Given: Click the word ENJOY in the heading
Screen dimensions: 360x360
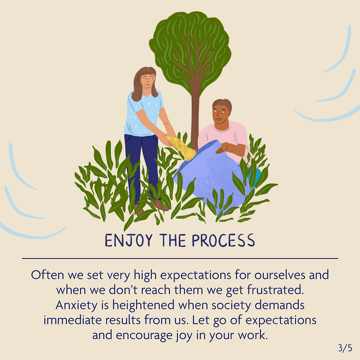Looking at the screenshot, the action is [129, 240].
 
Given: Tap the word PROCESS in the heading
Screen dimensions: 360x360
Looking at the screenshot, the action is [223, 240].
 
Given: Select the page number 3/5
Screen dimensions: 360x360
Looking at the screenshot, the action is [345, 348].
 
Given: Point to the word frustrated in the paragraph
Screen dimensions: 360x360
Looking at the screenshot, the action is [276, 290].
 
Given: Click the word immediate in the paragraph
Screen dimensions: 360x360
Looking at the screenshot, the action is [73, 320].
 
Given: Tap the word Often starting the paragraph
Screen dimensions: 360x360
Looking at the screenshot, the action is [47, 275].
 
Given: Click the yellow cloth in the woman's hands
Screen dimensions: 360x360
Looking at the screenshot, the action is [181, 148].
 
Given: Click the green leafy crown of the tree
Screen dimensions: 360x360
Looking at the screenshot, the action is [190, 52].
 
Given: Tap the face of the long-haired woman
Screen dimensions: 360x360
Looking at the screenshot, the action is [147, 81].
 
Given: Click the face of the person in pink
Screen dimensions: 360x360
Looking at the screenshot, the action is [221, 115].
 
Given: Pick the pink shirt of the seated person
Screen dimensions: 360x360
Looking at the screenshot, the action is [224, 140].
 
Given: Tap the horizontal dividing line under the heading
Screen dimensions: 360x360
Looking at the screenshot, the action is [180, 258].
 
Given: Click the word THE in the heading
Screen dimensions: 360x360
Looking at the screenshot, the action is [172, 240].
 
